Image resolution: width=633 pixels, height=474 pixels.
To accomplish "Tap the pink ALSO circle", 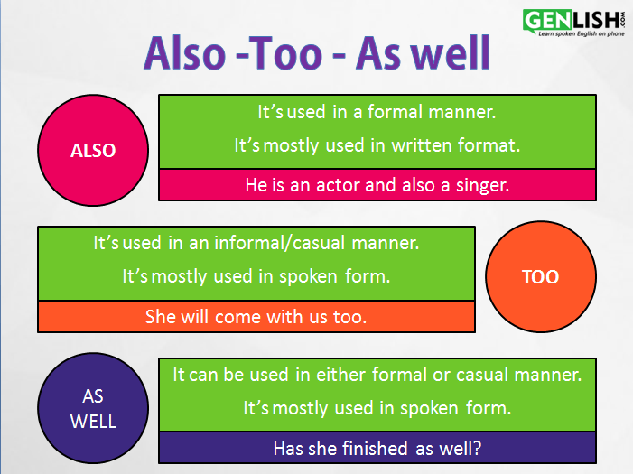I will pos(93,151).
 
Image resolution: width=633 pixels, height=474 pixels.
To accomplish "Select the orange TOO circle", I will pos(540,276).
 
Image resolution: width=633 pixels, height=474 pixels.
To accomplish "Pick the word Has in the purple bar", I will pos(289,447).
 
